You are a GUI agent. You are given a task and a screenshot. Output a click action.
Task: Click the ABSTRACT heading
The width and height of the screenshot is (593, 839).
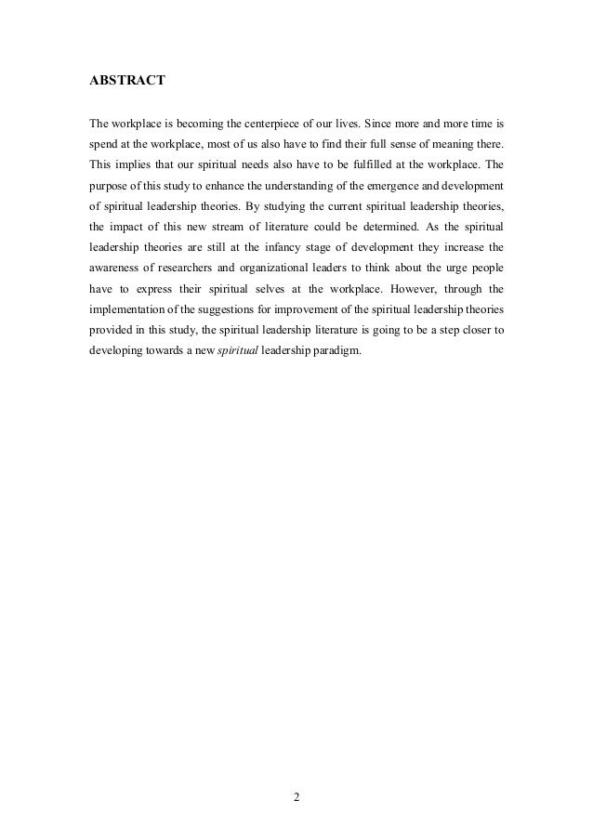click(x=126, y=81)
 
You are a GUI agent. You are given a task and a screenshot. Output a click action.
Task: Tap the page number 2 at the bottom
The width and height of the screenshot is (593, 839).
click(x=296, y=796)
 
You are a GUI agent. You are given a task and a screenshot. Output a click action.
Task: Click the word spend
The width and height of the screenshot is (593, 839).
click(x=105, y=145)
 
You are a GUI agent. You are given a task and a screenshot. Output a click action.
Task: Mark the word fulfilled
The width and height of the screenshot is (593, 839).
click(x=368, y=166)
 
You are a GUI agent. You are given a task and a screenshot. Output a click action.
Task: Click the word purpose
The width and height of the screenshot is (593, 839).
click(x=109, y=188)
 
